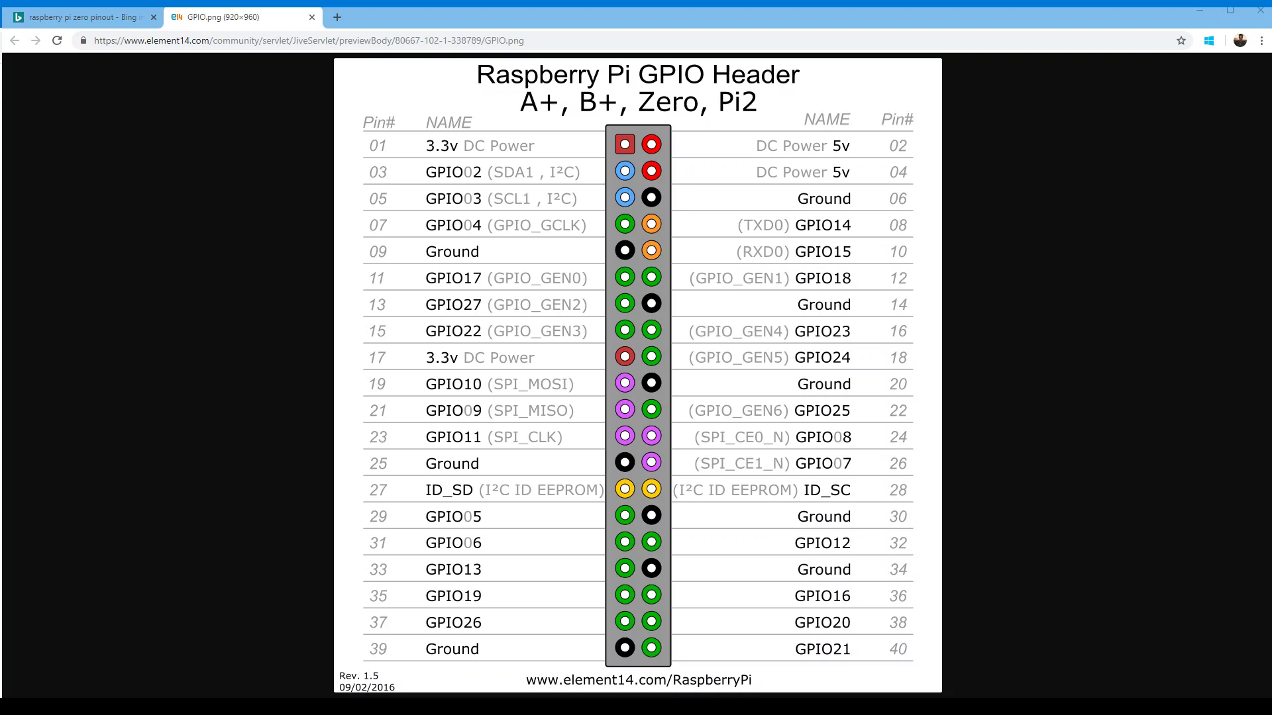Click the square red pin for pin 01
625,144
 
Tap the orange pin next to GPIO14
651,224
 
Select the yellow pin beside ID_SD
625,489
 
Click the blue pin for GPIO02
625,171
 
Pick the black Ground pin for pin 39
625,647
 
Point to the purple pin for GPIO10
625,383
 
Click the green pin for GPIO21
651,647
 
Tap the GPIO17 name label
453,278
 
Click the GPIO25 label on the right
822,410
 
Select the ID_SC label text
827,491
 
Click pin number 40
898,649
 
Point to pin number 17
378,358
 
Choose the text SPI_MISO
531,411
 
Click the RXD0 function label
763,252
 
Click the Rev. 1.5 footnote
359,676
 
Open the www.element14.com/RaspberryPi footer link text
639,680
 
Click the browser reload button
57,40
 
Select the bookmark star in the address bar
1181,40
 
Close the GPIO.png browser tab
312,17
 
